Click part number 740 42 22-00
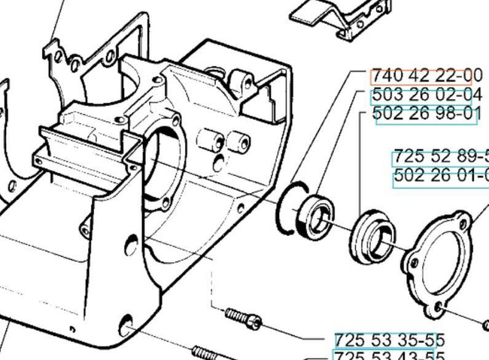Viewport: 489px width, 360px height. point(426,75)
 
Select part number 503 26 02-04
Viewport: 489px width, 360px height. point(427,95)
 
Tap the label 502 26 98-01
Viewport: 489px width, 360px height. point(427,114)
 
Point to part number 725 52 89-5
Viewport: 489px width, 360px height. point(440,157)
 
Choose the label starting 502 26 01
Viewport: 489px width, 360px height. point(440,176)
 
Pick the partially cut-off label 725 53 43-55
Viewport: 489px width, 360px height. point(389,356)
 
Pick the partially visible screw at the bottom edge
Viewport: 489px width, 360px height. point(211,352)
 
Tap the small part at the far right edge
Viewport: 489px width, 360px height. point(484,324)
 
